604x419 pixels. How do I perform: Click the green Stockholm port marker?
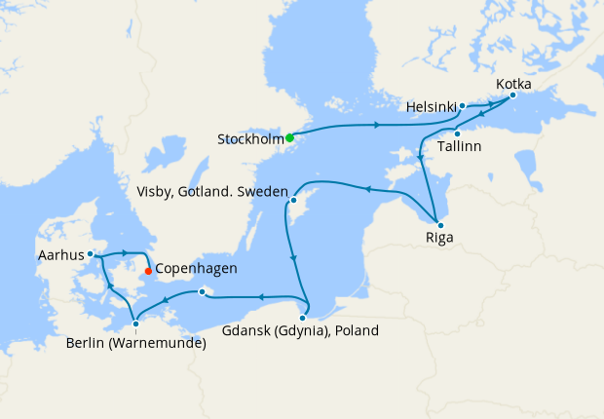tap(289, 137)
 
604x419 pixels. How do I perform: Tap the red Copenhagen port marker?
tap(147, 271)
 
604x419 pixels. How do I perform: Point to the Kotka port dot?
tap(512, 95)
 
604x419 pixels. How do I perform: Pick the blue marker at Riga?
tap(439, 225)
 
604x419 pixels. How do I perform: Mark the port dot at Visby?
tap(293, 200)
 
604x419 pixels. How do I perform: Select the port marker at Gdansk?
tap(304, 317)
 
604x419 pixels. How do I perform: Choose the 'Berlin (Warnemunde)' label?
tap(136, 342)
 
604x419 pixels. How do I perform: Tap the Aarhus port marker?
tap(90, 253)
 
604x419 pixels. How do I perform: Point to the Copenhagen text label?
tap(196, 269)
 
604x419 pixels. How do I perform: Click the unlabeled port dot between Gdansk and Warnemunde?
tap(202, 291)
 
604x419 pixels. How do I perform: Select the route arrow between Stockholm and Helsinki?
tap(376, 125)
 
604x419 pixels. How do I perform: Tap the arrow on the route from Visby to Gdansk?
tap(292, 258)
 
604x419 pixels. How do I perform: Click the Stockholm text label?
tap(249, 139)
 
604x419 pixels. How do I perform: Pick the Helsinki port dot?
tap(463, 105)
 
